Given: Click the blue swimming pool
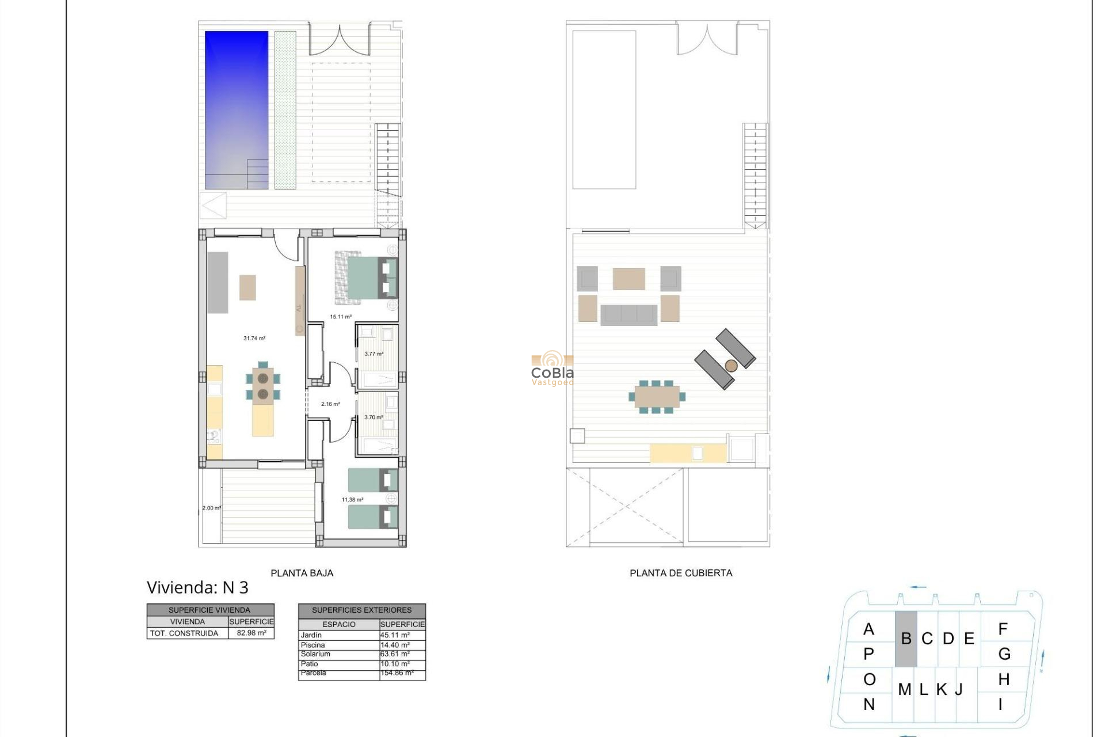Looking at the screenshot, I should tap(237, 109).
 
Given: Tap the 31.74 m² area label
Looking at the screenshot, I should tap(254, 339).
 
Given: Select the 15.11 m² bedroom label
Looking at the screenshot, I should tap(341, 317).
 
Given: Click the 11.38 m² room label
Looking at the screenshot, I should tap(352, 500).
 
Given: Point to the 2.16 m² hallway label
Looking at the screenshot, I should tap(330, 404).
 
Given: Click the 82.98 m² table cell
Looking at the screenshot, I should tap(251, 633).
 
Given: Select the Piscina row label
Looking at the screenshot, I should tap(313, 645).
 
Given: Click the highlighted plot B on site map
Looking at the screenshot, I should tap(906, 639).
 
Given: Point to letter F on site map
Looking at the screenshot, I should tap(1003, 629).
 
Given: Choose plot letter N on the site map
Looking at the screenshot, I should tap(869, 704).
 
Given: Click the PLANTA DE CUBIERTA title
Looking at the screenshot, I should tap(681, 573).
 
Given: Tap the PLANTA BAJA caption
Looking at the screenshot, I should tap(302, 573).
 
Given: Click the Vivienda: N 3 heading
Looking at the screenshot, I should tap(197, 587).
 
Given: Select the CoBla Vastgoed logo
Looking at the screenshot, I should tap(552, 369).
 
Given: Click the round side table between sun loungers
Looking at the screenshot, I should tap(731, 366).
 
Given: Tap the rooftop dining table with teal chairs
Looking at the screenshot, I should tap(657, 397).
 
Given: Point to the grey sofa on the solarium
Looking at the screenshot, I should tap(628, 315).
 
